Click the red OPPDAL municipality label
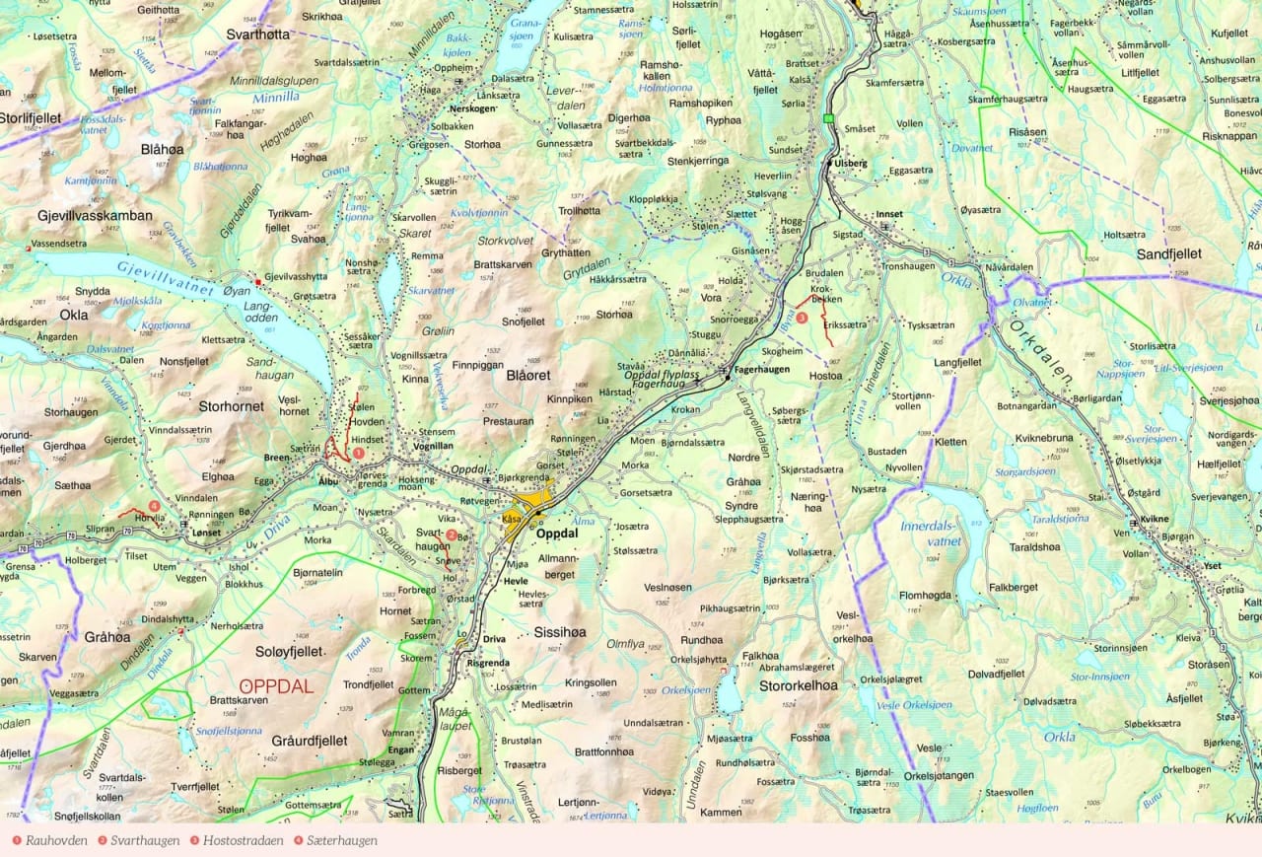point(277,686)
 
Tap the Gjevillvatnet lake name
point(165,275)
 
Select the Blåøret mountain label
point(527,376)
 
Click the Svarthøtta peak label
point(257,34)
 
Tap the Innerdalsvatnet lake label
point(931,534)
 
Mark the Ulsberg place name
point(850,163)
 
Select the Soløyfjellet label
point(289,652)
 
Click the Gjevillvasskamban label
point(95,215)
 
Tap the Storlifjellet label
point(31,118)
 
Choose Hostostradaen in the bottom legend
point(236,840)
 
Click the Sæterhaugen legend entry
point(335,840)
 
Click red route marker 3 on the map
point(802,319)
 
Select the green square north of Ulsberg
point(829,119)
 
